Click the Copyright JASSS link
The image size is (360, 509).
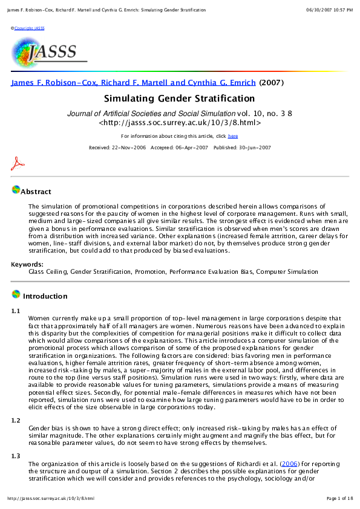[29, 28]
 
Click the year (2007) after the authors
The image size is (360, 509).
[271, 83]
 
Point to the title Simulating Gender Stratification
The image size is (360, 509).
[180, 99]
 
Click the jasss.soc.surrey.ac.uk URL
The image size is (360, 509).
[180, 122]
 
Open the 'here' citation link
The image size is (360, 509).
[233, 137]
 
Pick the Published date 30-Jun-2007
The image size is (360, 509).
[241, 148]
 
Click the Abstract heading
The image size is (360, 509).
[36, 192]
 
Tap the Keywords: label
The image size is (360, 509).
[27, 264]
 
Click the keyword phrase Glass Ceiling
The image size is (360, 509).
[47, 272]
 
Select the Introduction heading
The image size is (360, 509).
[45, 296]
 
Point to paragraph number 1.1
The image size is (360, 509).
[16, 311]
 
